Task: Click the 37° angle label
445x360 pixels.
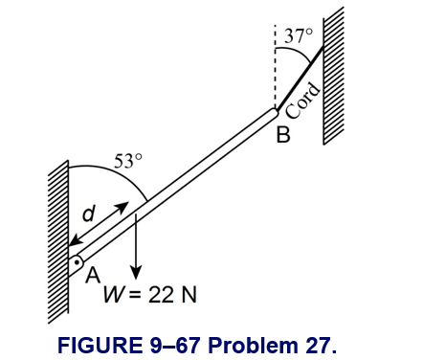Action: click(299, 35)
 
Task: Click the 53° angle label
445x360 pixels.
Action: click(128, 161)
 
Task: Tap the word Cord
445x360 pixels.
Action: click(302, 101)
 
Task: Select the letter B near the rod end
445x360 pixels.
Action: click(283, 134)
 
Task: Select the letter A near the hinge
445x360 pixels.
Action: click(93, 275)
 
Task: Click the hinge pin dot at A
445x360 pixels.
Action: click(78, 262)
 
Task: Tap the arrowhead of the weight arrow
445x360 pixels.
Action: click(136, 273)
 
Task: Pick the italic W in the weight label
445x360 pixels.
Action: click(113, 294)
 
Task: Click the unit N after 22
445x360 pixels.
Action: click(189, 294)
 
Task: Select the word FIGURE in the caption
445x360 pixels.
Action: click(100, 345)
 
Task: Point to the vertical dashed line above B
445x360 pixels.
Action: click(275, 67)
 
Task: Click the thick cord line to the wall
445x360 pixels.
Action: click(300, 79)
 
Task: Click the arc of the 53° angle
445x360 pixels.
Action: click(118, 172)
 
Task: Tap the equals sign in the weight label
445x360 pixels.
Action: click(135, 295)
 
